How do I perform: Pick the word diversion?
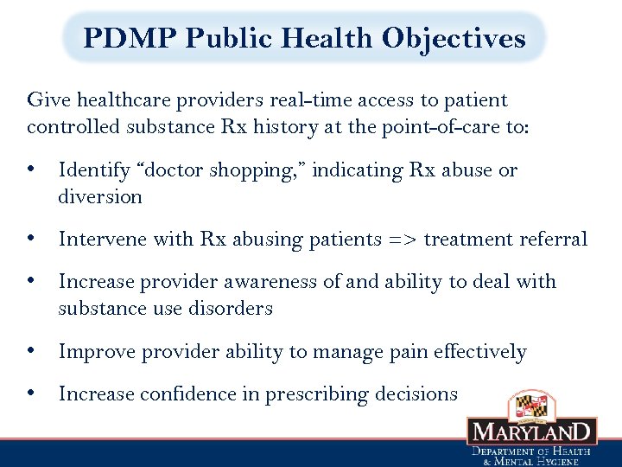pos(100,197)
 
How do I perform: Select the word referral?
pos(555,239)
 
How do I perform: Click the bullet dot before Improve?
pos(31,351)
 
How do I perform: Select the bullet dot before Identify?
pos(31,170)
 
